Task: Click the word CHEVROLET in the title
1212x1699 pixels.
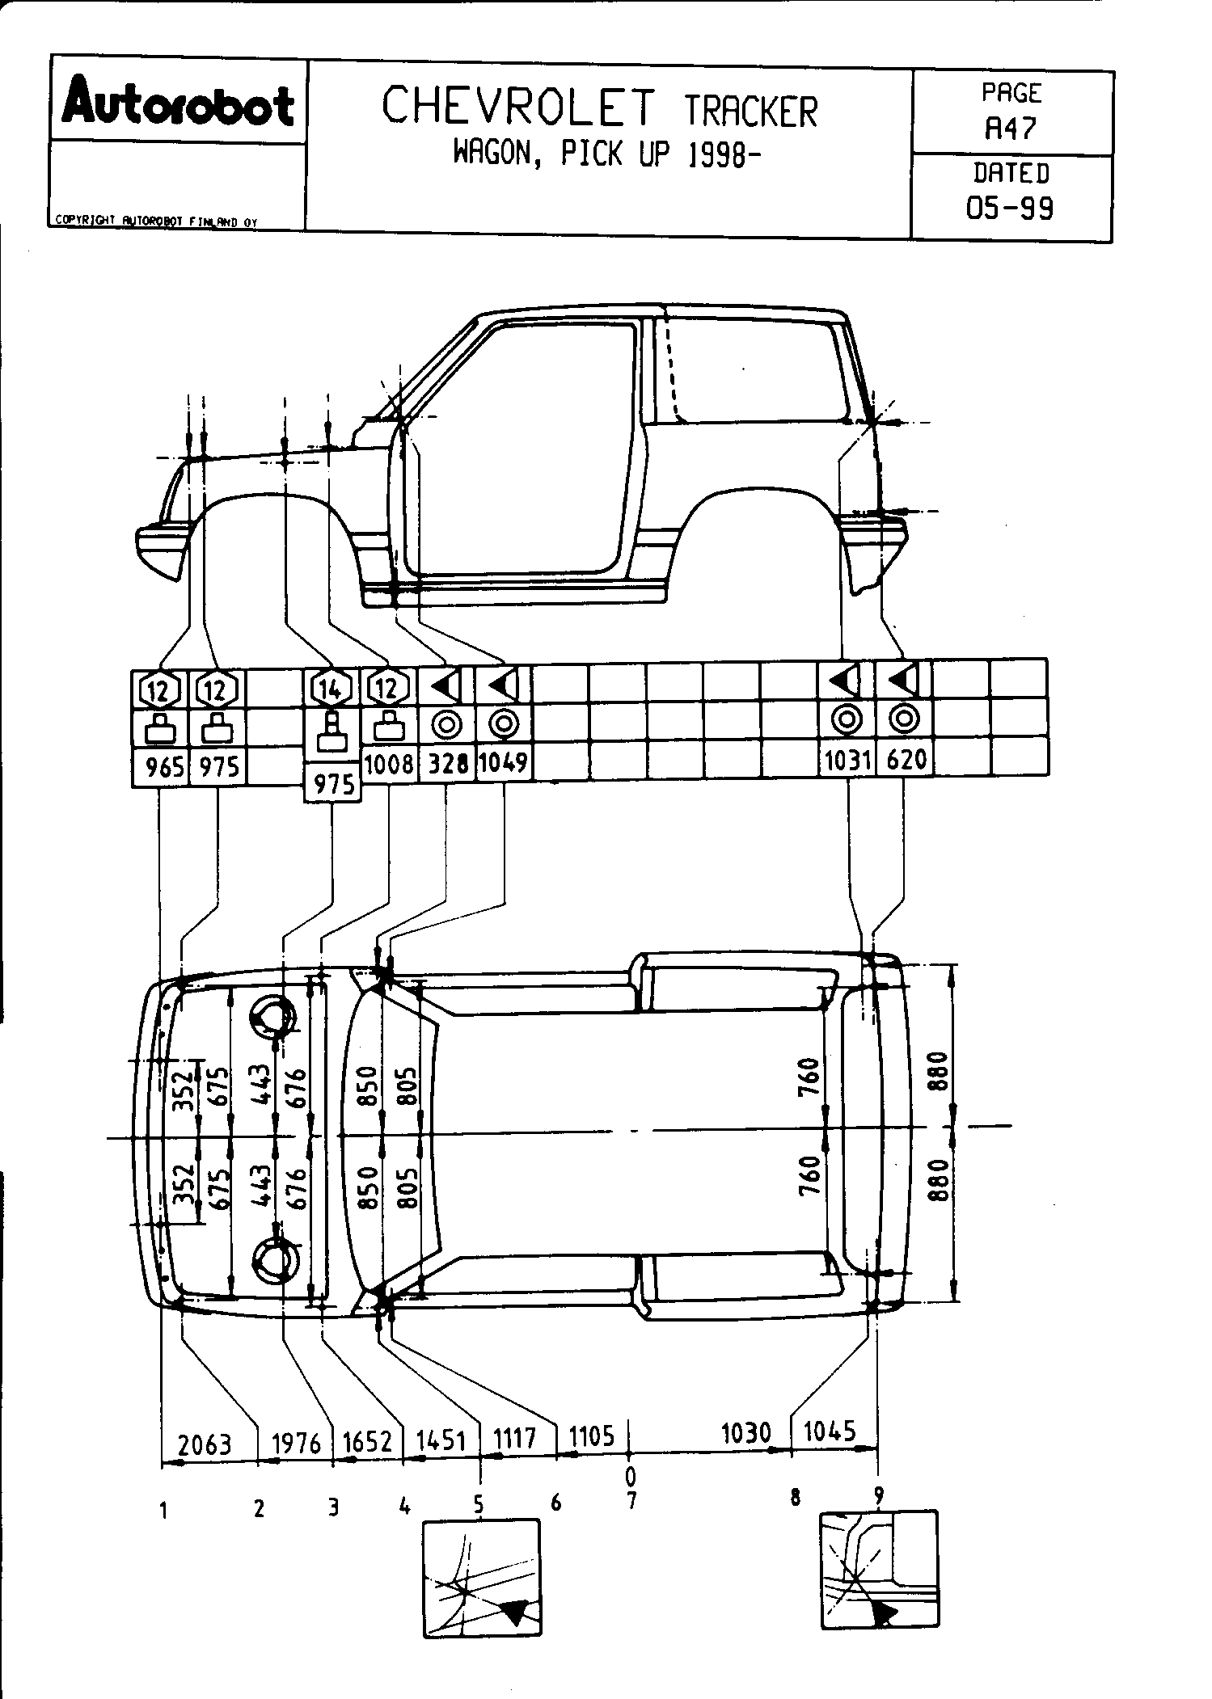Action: click(x=518, y=108)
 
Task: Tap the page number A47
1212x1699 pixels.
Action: click(x=1010, y=128)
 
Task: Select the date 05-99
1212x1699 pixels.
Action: click(x=1010, y=208)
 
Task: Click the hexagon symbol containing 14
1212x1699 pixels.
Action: click(x=332, y=689)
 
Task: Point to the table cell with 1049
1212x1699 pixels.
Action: click(x=503, y=762)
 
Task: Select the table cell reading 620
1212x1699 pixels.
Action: click(x=905, y=760)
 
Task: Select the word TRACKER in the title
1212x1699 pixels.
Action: click(x=751, y=112)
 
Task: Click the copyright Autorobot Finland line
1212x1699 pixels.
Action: click(x=155, y=221)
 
